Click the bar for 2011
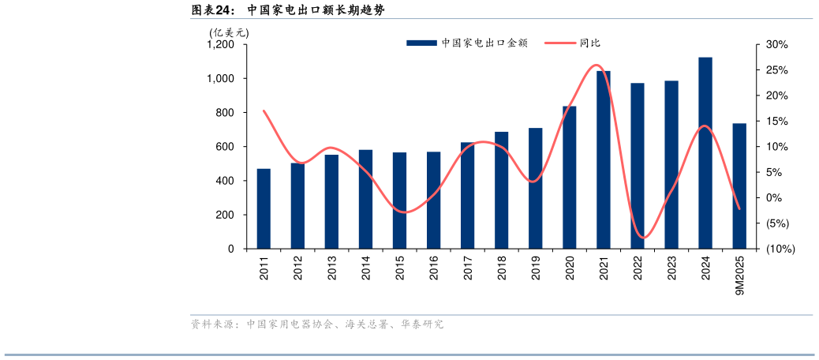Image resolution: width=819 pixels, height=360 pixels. [x=264, y=208]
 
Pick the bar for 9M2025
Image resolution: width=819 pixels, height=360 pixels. [x=739, y=186]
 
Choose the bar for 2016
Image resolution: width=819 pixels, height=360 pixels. [x=433, y=200]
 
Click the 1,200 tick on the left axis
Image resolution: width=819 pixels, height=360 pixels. [x=220, y=45]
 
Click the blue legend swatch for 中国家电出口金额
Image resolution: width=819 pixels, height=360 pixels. [x=421, y=43]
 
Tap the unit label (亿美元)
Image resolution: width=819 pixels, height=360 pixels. [x=229, y=32]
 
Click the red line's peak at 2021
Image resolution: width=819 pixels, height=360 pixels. [x=597, y=65]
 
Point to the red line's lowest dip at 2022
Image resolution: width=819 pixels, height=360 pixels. [x=644, y=238]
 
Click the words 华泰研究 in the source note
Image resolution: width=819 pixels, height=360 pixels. [x=422, y=324]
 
